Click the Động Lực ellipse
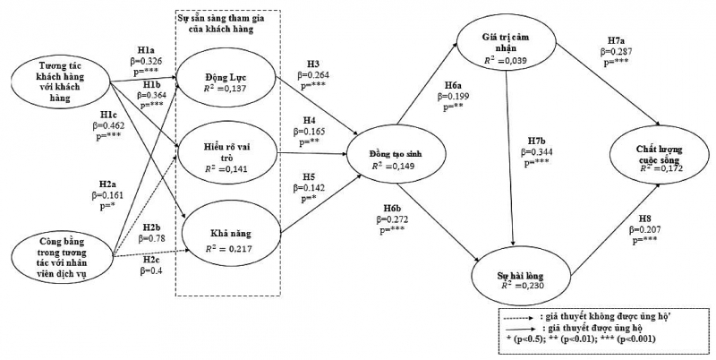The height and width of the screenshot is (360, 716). [x=227, y=82]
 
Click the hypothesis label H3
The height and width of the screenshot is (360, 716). [x=312, y=64]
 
